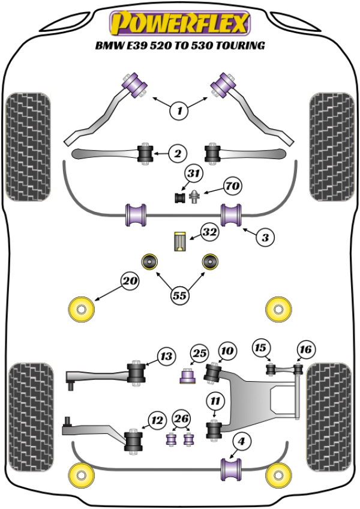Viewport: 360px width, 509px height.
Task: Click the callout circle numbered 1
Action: click(179, 110)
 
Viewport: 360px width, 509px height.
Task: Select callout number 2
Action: click(177, 154)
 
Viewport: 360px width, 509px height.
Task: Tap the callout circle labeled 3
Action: click(263, 236)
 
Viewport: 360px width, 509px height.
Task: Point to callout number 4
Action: click(241, 442)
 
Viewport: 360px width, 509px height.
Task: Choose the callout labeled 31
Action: click(192, 173)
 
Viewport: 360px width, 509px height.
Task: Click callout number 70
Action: click(232, 187)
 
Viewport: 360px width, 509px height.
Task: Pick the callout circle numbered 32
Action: click(209, 231)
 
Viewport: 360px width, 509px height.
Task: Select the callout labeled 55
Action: click(179, 295)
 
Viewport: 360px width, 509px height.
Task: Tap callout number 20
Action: click(130, 280)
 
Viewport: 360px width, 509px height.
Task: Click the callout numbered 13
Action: click(166, 357)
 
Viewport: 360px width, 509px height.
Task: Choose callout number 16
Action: click(305, 349)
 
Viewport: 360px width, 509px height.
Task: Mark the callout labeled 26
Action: click(181, 418)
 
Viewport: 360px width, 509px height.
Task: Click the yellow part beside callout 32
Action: click(179, 241)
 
